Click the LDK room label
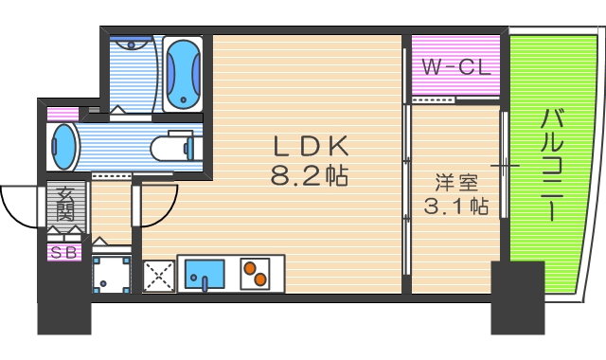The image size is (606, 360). [x=312, y=147]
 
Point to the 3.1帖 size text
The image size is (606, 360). [x=455, y=206]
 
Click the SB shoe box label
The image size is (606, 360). [x=65, y=253]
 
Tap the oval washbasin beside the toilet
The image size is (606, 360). [x=63, y=148]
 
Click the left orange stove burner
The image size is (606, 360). [x=250, y=268]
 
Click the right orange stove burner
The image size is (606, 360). [x=258, y=279]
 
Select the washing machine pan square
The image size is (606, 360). [x=111, y=276]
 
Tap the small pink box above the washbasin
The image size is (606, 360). [x=63, y=114]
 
